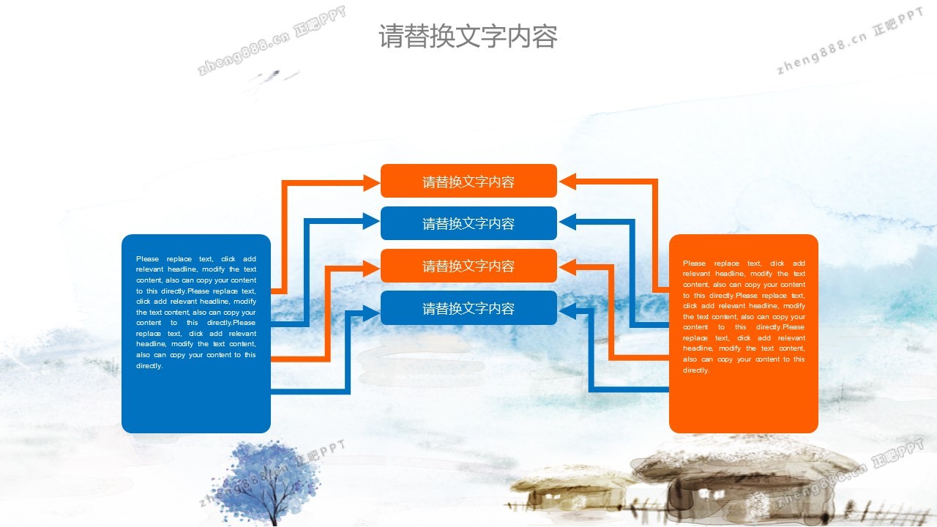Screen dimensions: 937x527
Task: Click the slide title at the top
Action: pos(468,36)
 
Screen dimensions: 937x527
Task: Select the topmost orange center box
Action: pos(468,181)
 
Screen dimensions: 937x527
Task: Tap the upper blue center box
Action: pos(468,223)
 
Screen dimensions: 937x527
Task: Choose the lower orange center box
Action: pos(468,266)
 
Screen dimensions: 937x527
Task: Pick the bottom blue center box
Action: pos(468,308)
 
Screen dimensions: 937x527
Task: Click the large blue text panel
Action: pos(196,333)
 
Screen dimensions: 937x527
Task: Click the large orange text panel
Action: pos(743,333)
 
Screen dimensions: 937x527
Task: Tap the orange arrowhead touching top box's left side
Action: pos(371,183)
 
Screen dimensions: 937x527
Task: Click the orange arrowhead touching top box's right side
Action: pos(567,182)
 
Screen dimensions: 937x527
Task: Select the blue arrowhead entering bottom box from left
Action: pos(371,313)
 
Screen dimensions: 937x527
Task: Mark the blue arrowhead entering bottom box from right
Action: pos(567,311)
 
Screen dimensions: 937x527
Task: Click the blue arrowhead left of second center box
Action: pos(371,221)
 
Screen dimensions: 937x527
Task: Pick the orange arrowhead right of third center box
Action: pos(567,267)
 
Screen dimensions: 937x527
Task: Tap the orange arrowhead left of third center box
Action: pos(371,268)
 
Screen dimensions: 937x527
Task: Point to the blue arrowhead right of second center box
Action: pos(567,222)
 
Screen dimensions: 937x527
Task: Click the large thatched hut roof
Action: pos(744,460)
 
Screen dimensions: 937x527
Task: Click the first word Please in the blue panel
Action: pos(148,259)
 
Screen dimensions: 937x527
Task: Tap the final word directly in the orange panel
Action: pos(696,370)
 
